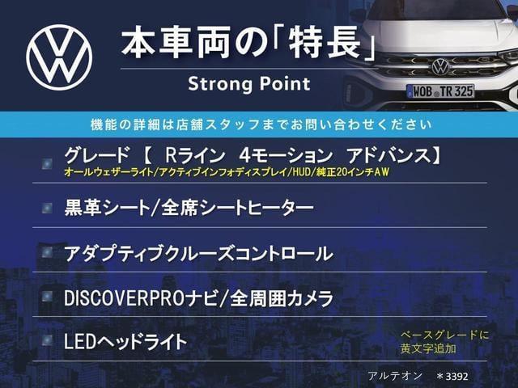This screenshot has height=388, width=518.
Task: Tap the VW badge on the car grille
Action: tap(440, 66)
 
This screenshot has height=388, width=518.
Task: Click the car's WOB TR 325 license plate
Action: tap(440, 91)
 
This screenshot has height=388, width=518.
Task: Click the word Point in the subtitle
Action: tap(285, 83)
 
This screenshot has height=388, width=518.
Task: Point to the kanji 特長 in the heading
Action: tap(325, 44)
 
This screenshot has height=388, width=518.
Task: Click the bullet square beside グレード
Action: tap(47, 163)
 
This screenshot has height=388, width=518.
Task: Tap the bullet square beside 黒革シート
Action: tap(47, 208)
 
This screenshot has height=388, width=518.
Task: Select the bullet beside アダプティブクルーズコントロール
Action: tap(47, 252)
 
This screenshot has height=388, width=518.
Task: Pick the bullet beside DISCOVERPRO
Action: tap(47, 297)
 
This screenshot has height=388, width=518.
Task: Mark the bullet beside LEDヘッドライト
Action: tap(47, 340)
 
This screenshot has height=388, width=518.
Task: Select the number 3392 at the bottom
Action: tap(456, 376)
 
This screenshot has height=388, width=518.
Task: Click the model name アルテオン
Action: tap(395, 376)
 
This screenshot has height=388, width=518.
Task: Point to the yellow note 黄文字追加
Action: tap(428, 348)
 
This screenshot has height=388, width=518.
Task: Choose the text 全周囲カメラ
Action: tap(282, 298)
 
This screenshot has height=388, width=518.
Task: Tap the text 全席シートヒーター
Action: tap(237, 209)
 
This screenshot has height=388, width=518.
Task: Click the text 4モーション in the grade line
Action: tap(286, 155)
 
